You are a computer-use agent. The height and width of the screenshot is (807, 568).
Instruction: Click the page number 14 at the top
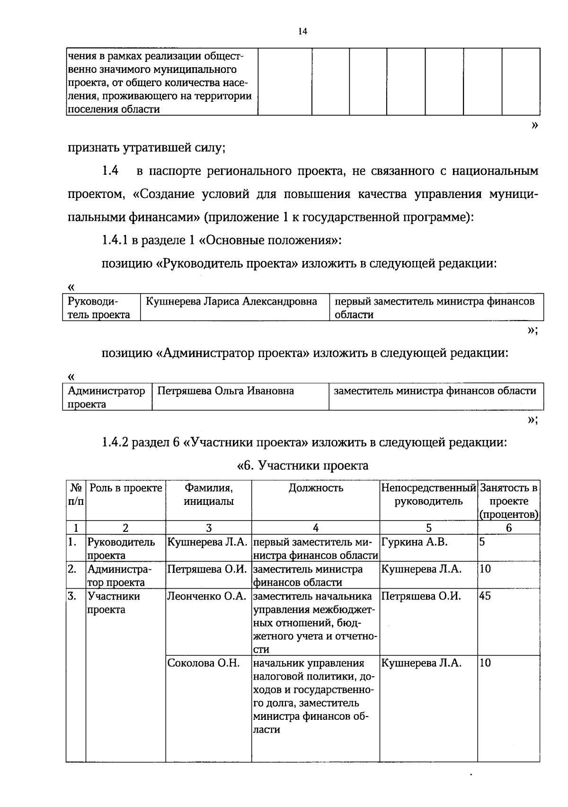point(303,32)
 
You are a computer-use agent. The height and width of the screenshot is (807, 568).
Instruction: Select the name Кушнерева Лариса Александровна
point(231,301)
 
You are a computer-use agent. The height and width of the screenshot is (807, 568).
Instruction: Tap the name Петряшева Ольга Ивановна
point(225,391)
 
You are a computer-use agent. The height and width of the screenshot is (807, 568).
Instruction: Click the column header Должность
point(316,488)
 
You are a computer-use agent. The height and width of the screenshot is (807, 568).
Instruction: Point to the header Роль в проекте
point(126,488)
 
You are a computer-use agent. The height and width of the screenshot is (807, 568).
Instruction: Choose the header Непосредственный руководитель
point(428,494)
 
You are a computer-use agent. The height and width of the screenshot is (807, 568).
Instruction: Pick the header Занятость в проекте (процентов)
point(509,501)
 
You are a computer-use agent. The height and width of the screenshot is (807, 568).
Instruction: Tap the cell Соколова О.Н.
point(204,663)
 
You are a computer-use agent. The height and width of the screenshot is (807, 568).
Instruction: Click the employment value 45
point(485,596)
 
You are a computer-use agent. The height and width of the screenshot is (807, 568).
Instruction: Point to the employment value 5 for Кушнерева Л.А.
point(482,542)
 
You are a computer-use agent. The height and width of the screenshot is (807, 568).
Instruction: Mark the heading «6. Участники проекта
point(302,466)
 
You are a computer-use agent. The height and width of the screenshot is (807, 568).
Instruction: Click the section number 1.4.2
point(115,443)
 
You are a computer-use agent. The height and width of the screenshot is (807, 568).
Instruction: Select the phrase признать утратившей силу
point(146,148)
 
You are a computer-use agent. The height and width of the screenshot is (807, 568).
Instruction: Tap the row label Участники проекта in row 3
point(114,602)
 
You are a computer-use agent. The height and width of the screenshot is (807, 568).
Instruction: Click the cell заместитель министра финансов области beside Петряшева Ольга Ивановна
point(435,391)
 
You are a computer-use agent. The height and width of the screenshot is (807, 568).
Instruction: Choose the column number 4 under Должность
point(316,528)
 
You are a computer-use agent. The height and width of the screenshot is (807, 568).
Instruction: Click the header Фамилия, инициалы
point(209,494)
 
